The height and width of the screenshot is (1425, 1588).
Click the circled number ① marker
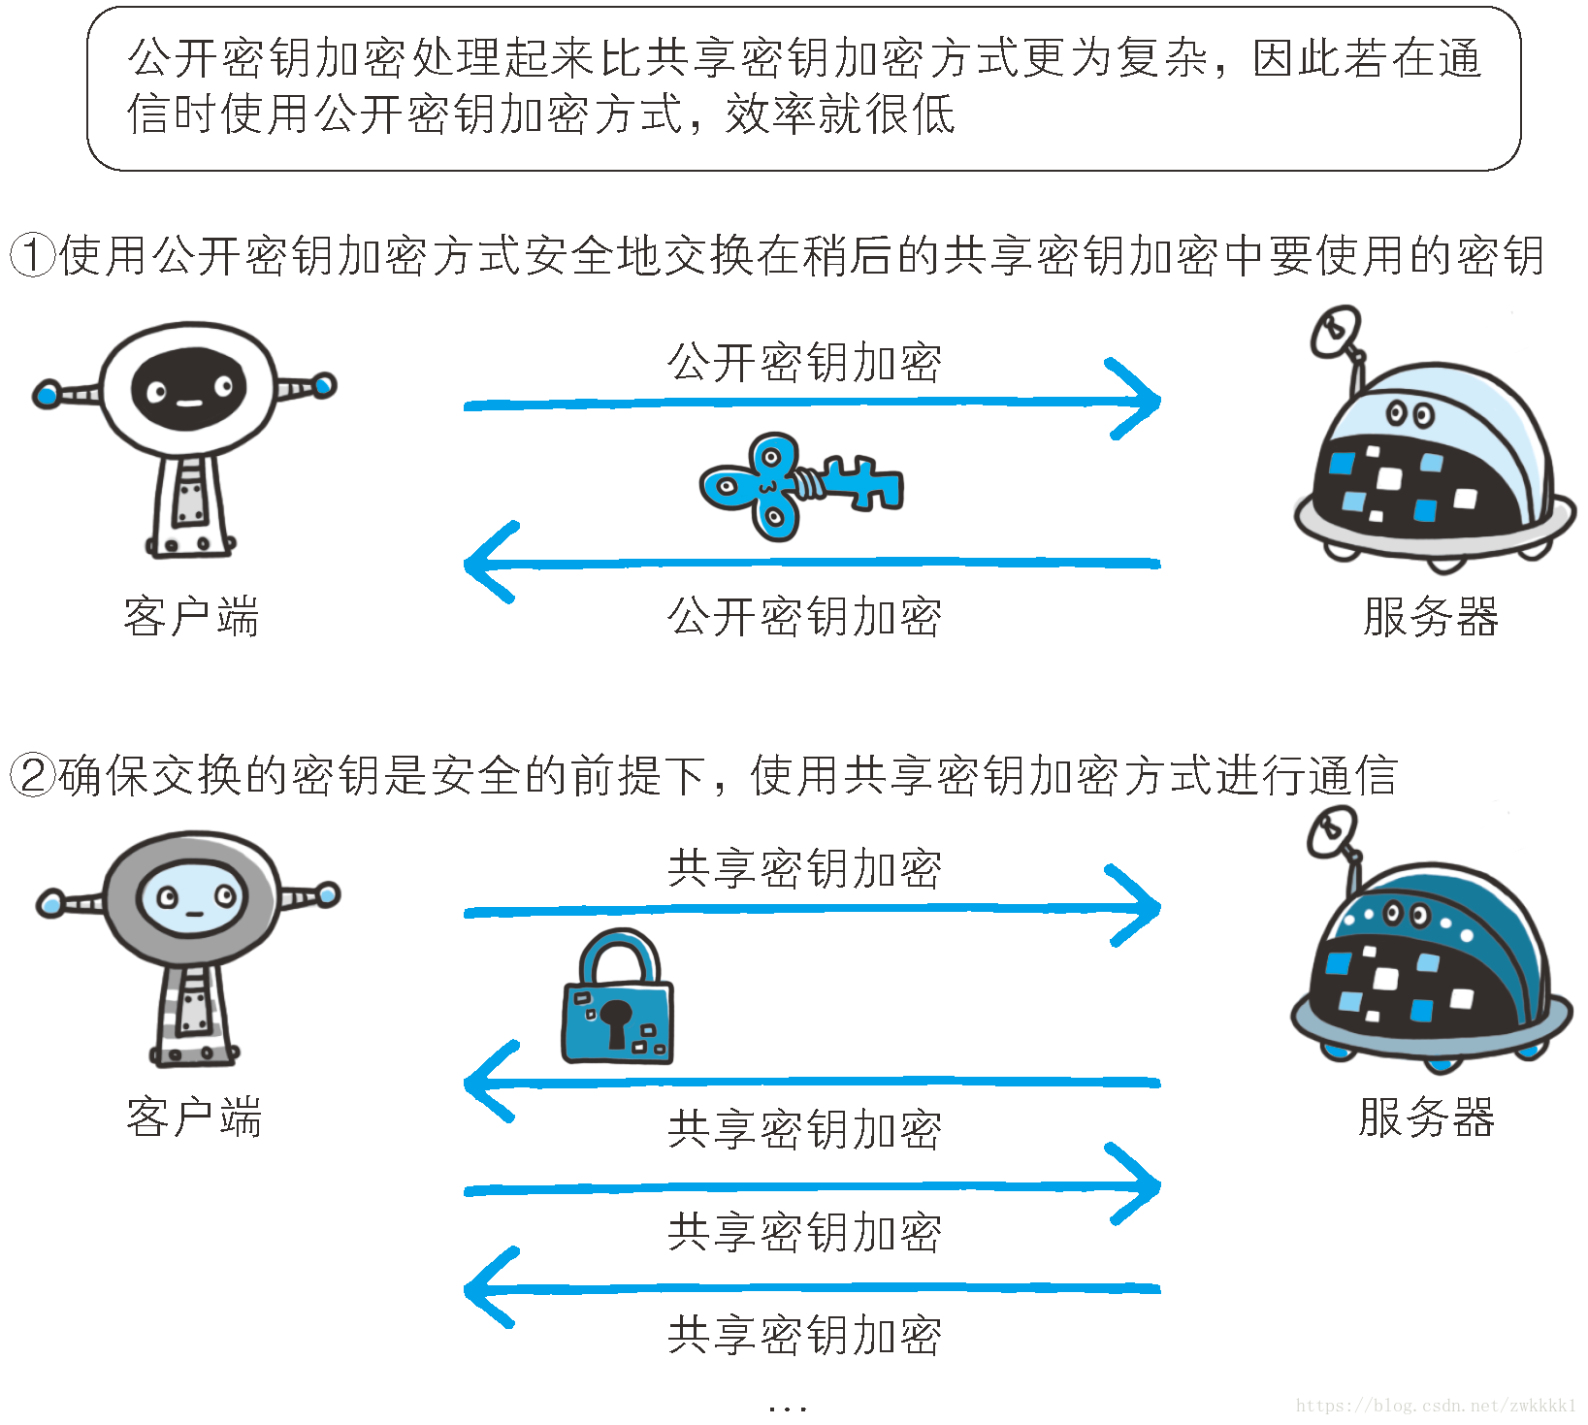click(31, 255)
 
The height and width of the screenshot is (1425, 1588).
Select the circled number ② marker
click(31, 775)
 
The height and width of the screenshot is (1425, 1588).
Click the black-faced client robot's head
click(189, 389)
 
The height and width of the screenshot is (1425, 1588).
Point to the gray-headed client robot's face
click(193, 899)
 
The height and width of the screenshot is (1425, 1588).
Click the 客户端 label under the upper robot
click(191, 617)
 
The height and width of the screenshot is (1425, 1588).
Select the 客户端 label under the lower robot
click(193, 1117)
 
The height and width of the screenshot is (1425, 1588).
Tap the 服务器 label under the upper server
click(1430, 617)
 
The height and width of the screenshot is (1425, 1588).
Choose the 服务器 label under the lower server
click(1426, 1117)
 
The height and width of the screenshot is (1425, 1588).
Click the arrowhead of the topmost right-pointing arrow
click(1145, 399)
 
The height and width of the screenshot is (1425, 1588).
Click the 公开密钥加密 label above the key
click(804, 363)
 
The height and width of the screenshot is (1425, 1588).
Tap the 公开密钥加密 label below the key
click(804, 617)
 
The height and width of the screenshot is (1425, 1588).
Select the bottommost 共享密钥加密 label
click(804, 1336)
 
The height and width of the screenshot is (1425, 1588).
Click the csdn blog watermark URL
click(1436, 1406)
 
